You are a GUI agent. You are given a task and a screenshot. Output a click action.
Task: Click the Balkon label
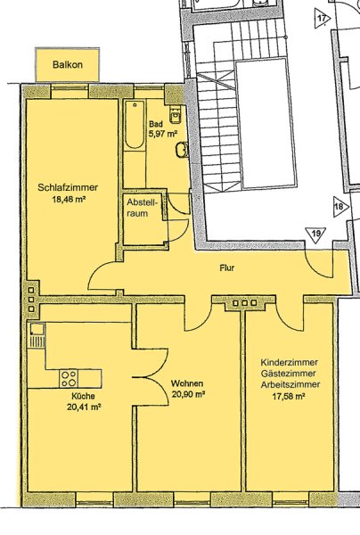[x=68, y=64]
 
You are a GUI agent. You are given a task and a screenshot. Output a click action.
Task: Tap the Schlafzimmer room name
[x=68, y=187]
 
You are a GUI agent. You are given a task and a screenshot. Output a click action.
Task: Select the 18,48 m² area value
[x=69, y=199]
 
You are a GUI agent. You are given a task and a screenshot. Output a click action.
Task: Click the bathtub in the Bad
[x=135, y=125]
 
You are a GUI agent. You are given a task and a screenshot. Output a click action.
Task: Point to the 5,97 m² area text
[x=162, y=134]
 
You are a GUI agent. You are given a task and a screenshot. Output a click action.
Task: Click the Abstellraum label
[x=142, y=208]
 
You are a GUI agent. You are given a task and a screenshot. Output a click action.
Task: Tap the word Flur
[x=226, y=268]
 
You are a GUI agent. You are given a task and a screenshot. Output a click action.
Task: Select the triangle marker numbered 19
[x=315, y=235]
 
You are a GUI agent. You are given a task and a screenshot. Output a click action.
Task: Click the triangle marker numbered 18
[x=340, y=207]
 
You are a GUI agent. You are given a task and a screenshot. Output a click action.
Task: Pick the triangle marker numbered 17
[x=322, y=18]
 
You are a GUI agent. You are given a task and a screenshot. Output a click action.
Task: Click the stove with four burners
[x=69, y=378]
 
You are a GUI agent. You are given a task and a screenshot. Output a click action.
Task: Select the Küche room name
[x=83, y=396]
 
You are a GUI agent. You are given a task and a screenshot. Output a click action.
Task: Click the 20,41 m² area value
[x=83, y=407]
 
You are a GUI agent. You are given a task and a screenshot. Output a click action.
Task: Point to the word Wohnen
[x=187, y=383]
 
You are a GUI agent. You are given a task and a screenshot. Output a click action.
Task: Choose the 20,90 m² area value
[x=187, y=394]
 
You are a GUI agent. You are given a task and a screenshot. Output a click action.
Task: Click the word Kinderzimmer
[x=289, y=362]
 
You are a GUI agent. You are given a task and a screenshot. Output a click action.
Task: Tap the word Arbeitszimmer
[x=290, y=384]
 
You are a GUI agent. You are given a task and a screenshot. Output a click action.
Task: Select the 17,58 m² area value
[x=289, y=396]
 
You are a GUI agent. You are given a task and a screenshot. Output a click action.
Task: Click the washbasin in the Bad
[x=182, y=150]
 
